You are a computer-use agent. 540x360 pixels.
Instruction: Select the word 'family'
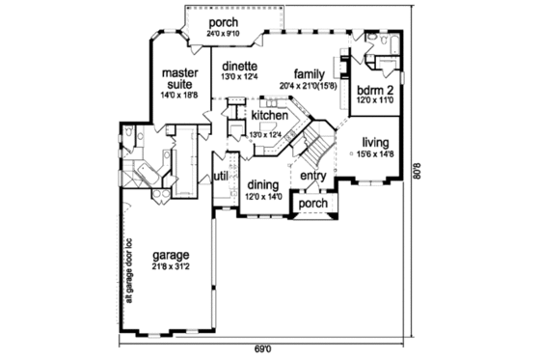(309, 73)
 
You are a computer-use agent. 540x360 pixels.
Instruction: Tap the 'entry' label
(312, 176)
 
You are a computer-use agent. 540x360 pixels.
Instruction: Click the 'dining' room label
(262, 184)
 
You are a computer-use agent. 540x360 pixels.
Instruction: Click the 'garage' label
(171, 256)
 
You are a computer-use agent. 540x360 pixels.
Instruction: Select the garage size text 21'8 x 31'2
(172, 267)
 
